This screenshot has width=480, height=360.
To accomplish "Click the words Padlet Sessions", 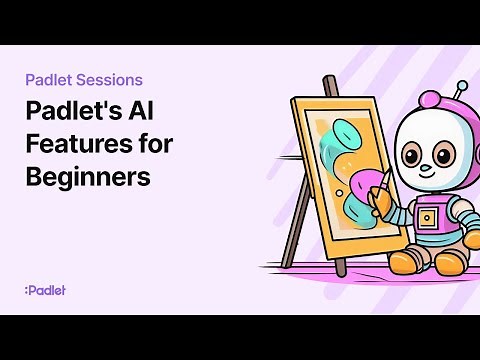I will click(x=85, y=79).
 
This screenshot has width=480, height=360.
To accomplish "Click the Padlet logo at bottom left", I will click(x=45, y=290).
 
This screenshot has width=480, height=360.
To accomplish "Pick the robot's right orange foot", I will click(x=449, y=262).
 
